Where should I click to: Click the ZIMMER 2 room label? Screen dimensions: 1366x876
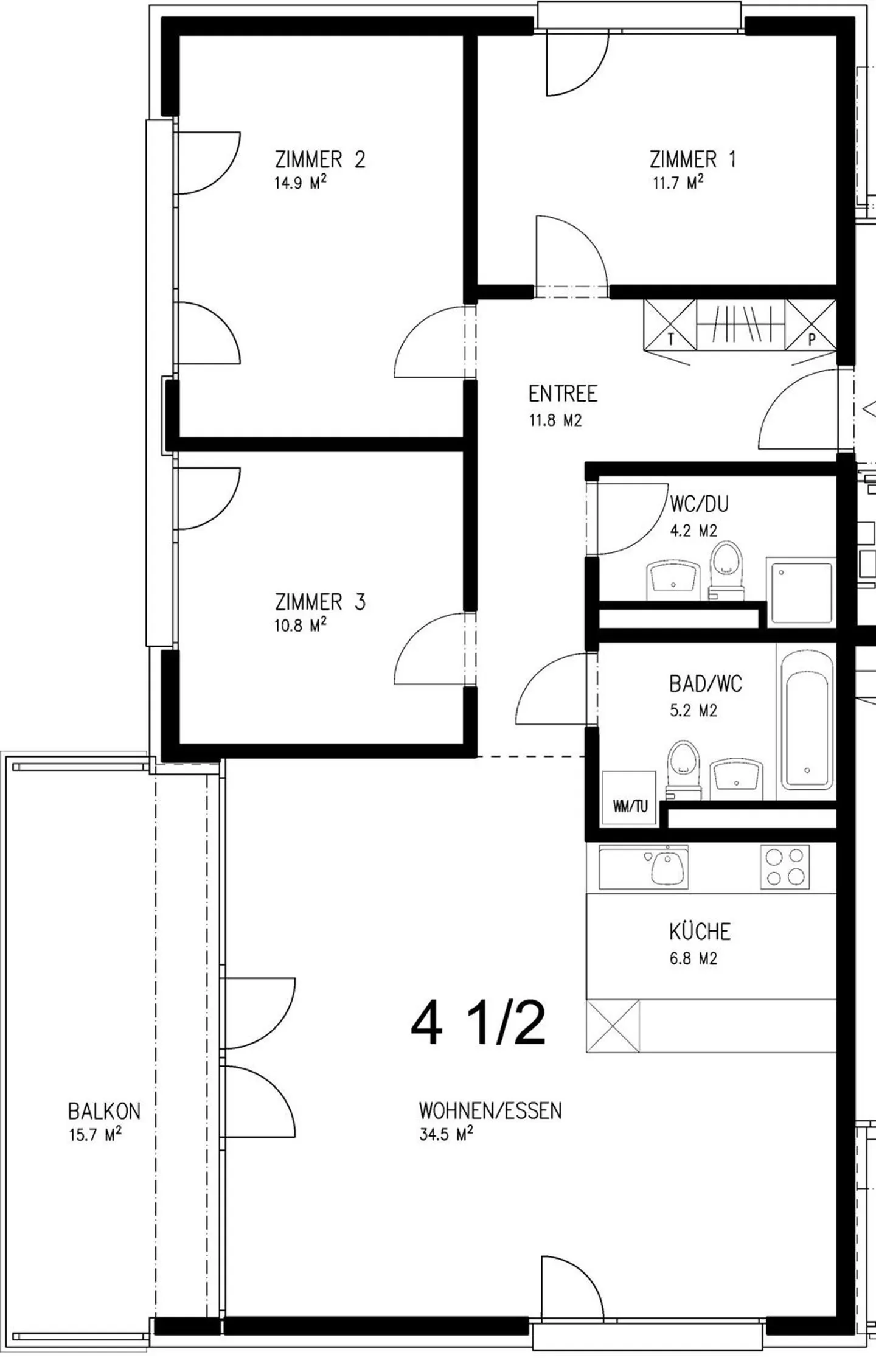[x=320, y=160]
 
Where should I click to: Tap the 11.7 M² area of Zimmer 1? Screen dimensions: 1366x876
[x=678, y=183]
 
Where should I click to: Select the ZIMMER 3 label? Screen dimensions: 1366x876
[x=320, y=602]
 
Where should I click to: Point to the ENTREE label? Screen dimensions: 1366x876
[x=563, y=394]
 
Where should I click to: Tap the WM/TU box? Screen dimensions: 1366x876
[x=629, y=798]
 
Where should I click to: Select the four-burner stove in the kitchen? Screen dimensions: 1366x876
[x=785, y=867]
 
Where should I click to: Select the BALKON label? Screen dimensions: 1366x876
[x=104, y=1112]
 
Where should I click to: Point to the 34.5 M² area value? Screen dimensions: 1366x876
[x=446, y=1135]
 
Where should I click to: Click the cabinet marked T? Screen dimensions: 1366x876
[x=670, y=326]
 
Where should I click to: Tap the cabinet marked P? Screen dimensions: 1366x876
[x=811, y=326]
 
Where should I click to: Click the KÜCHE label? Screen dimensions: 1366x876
[x=700, y=932]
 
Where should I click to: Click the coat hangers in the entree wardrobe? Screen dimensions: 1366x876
[x=740, y=324]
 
